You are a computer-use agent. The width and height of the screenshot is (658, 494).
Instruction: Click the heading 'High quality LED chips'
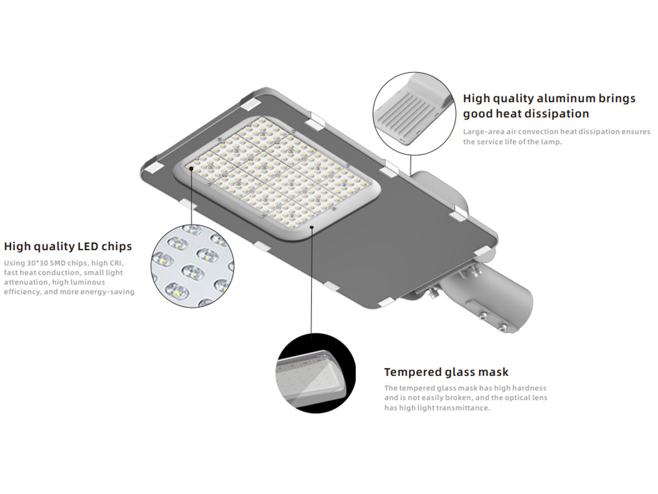[x=68, y=246]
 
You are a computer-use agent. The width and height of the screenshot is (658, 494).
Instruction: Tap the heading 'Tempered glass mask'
[x=446, y=372]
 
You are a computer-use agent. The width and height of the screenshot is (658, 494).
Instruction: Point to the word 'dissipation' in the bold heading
[x=556, y=114]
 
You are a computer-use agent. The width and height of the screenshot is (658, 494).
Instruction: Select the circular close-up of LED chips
[x=192, y=266]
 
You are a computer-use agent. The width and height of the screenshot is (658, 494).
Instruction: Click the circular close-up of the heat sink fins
[x=415, y=114]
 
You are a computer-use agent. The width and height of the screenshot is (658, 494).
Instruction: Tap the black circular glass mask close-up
[x=316, y=373]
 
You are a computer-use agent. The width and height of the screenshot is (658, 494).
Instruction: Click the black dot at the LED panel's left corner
[x=191, y=169]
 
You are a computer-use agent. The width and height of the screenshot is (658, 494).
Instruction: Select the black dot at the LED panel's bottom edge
[x=312, y=227]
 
